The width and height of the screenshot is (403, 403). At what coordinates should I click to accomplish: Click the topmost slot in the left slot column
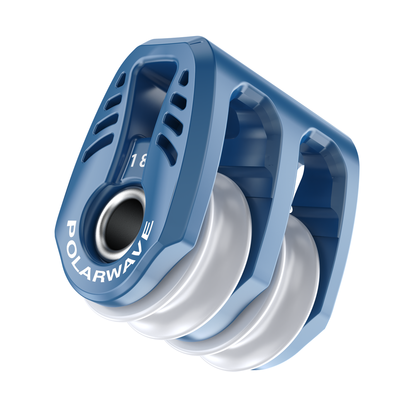121,80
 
